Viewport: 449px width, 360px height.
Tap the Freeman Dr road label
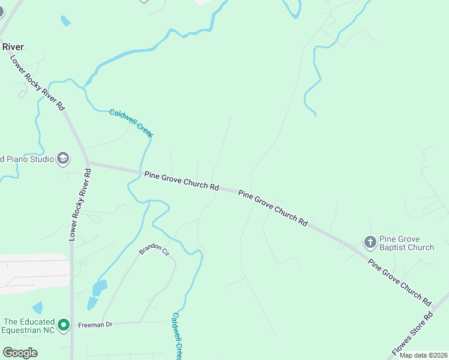click(x=95, y=325)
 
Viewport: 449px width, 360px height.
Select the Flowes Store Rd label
click(x=412, y=332)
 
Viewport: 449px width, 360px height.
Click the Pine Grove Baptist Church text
click(x=406, y=243)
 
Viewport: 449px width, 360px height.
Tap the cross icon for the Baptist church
click(x=370, y=242)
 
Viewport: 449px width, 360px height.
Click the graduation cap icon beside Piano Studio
click(x=63, y=158)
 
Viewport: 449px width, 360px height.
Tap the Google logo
click(x=20, y=352)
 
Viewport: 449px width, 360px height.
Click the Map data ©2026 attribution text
click(x=423, y=355)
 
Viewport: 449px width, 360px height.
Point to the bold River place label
click(x=13, y=46)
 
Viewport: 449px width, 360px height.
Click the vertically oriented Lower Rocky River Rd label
click(x=80, y=205)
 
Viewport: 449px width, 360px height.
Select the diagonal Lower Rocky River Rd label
click(x=37, y=82)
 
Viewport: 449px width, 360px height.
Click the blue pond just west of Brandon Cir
click(x=98, y=290)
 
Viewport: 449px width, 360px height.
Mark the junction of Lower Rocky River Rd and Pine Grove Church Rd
click(x=88, y=163)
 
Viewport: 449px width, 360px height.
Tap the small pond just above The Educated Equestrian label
click(x=37, y=308)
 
